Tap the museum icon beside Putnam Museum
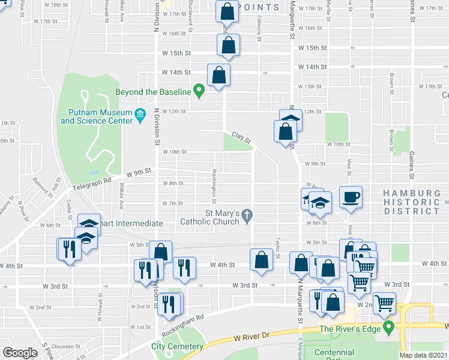140,113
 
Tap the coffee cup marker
351,196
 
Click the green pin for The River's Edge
389,328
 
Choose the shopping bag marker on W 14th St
218,75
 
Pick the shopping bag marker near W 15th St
229,45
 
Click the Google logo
20,352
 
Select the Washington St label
213,185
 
